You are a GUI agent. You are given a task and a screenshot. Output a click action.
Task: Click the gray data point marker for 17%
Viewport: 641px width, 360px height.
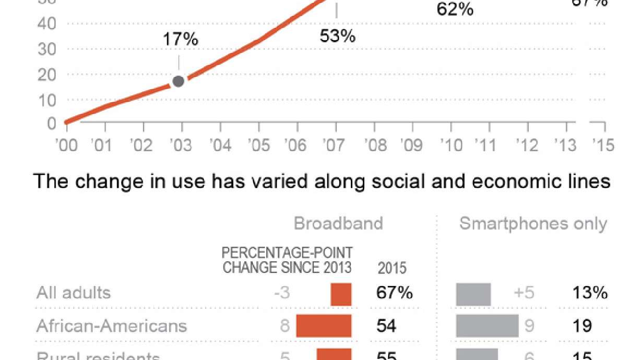(x=178, y=81)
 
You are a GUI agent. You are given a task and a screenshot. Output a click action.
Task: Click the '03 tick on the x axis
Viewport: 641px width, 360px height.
(x=182, y=145)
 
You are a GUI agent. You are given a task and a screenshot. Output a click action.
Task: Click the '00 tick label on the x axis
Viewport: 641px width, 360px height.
(x=66, y=145)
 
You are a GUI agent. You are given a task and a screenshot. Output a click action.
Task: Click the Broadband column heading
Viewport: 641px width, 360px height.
(x=338, y=223)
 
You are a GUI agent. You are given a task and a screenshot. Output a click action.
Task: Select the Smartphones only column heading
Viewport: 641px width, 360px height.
(x=533, y=223)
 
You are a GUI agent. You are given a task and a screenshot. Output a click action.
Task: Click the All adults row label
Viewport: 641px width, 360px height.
(x=74, y=292)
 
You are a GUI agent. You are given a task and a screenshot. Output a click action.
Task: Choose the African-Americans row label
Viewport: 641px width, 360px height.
(x=112, y=326)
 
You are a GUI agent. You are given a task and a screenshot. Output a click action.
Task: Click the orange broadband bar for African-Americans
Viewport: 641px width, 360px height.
(x=324, y=326)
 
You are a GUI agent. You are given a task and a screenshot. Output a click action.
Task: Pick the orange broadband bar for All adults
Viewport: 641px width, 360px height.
(x=341, y=294)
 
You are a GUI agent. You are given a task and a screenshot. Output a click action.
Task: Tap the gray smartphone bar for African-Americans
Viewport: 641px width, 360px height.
(x=487, y=326)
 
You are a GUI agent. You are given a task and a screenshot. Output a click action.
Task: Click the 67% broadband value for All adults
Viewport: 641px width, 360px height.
(x=394, y=293)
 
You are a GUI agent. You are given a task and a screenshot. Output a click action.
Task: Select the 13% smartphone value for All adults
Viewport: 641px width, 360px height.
(x=590, y=293)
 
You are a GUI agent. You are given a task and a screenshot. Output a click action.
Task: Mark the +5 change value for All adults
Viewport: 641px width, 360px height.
(x=524, y=293)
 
